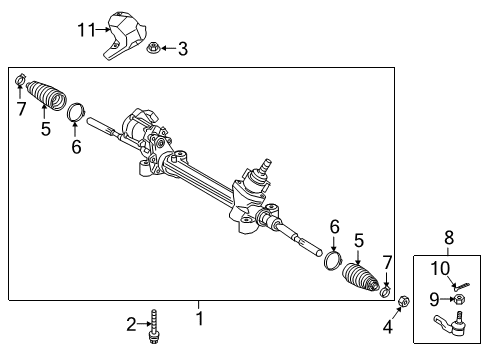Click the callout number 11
87,30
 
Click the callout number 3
182,48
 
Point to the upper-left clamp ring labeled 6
76,110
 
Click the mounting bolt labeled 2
153,326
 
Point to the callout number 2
131,323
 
